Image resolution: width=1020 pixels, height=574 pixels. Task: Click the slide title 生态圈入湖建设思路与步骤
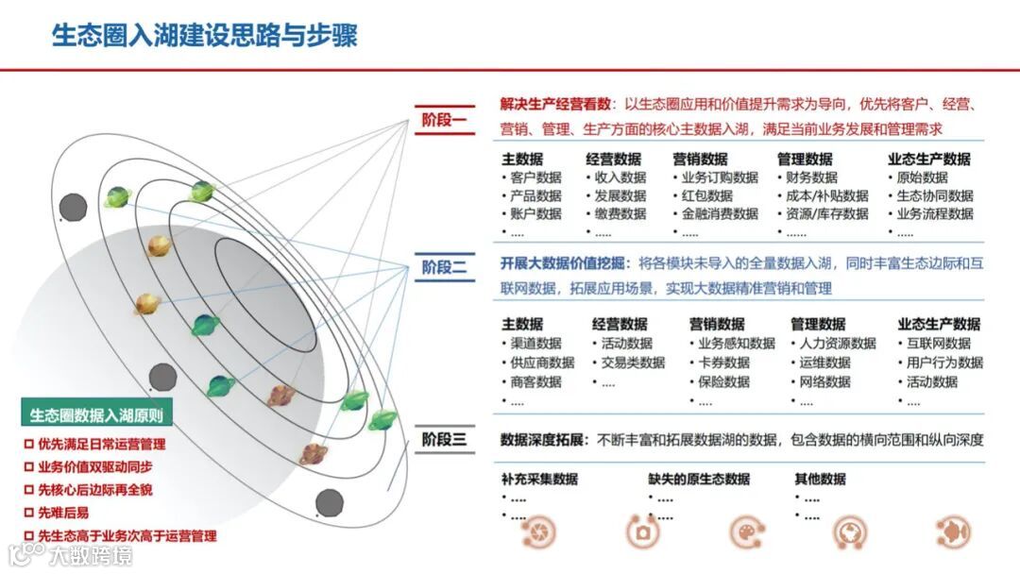click(x=204, y=36)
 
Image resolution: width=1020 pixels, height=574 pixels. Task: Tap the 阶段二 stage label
click(x=445, y=267)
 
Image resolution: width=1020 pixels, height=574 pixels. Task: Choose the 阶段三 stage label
click(x=445, y=439)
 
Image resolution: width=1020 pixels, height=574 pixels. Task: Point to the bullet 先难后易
click(x=63, y=513)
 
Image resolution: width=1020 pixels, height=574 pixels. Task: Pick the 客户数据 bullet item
click(x=535, y=177)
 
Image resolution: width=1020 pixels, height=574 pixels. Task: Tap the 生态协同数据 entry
click(x=934, y=195)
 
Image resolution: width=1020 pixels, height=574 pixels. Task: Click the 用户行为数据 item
click(x=944, y=363)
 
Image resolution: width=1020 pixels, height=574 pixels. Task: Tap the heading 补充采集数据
click(x=539, y=479)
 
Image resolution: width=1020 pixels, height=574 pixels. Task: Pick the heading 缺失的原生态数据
click(x=699, y=479)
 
